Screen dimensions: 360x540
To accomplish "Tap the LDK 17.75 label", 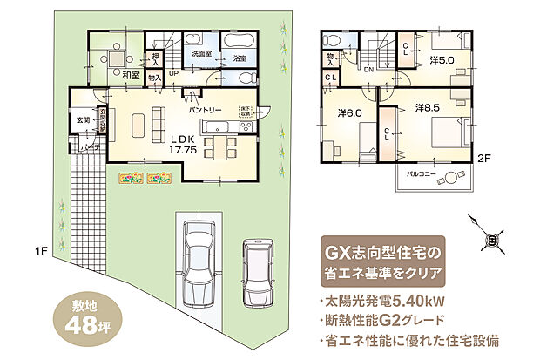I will tap(184, 144).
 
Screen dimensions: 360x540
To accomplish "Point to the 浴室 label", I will tap(237, 58).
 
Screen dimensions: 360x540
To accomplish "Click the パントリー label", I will tap(205, 110).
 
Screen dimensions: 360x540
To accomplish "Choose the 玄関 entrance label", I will tap(83, 119).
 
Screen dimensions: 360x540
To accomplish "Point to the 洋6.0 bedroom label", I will tap(350, 114).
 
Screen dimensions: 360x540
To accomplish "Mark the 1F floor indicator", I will tap(40, 252).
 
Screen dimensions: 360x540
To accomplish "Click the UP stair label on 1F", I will tap(173, 73).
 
